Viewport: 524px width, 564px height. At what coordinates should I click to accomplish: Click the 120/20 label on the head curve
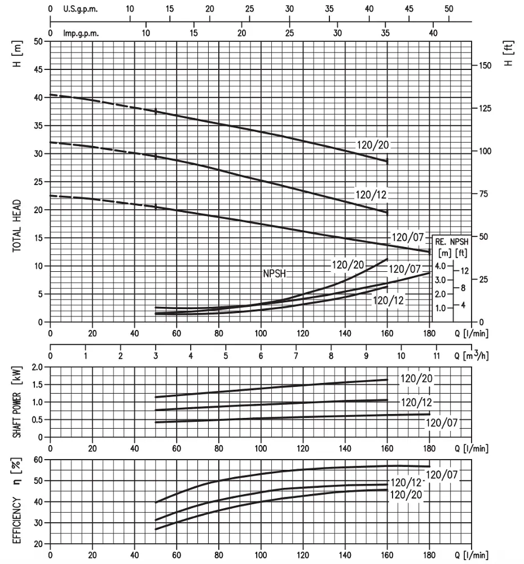click(x=373, y=145)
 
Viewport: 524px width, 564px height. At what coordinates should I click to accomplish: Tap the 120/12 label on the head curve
click(x=371, y=195)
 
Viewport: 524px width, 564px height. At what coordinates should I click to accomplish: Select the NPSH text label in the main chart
click(x=274, y=274)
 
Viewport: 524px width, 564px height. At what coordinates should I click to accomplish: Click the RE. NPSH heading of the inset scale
click(x=452, y=242)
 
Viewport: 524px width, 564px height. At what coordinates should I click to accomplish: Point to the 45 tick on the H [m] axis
click(x=38, y=69)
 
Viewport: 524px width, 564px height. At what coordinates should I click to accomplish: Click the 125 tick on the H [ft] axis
click(x=485, y=108)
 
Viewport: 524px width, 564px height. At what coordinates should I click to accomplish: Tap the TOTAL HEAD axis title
click(x=17, y=226)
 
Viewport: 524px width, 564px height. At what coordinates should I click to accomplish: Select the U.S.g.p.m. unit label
click(x=80, y=9)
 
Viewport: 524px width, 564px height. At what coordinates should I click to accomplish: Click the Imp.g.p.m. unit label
click(x=81, y=33)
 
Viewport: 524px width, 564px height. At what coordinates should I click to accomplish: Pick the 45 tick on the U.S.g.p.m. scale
click(x=409, y=8)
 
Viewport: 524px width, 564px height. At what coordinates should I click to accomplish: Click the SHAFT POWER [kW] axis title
click(x=17, y=402)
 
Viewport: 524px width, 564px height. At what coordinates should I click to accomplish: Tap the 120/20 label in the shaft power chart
click(x=416, y=378)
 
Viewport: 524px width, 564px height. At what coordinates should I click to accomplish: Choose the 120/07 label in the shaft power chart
click(x=442, y=422)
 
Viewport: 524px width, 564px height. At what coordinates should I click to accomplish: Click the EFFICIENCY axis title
click(x=17, y=520)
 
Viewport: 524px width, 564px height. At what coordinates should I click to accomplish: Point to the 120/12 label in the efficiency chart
click(x=406, y=482)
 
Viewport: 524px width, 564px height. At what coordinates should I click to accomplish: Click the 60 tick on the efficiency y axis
click(x=38, y=460)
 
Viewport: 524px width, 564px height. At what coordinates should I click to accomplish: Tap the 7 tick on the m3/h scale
click(x=296, y=356)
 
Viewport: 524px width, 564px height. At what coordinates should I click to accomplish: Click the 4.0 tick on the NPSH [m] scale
click(x=440, y=266)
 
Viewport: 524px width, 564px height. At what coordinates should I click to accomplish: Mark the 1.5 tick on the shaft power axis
click(x=38, y=385)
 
